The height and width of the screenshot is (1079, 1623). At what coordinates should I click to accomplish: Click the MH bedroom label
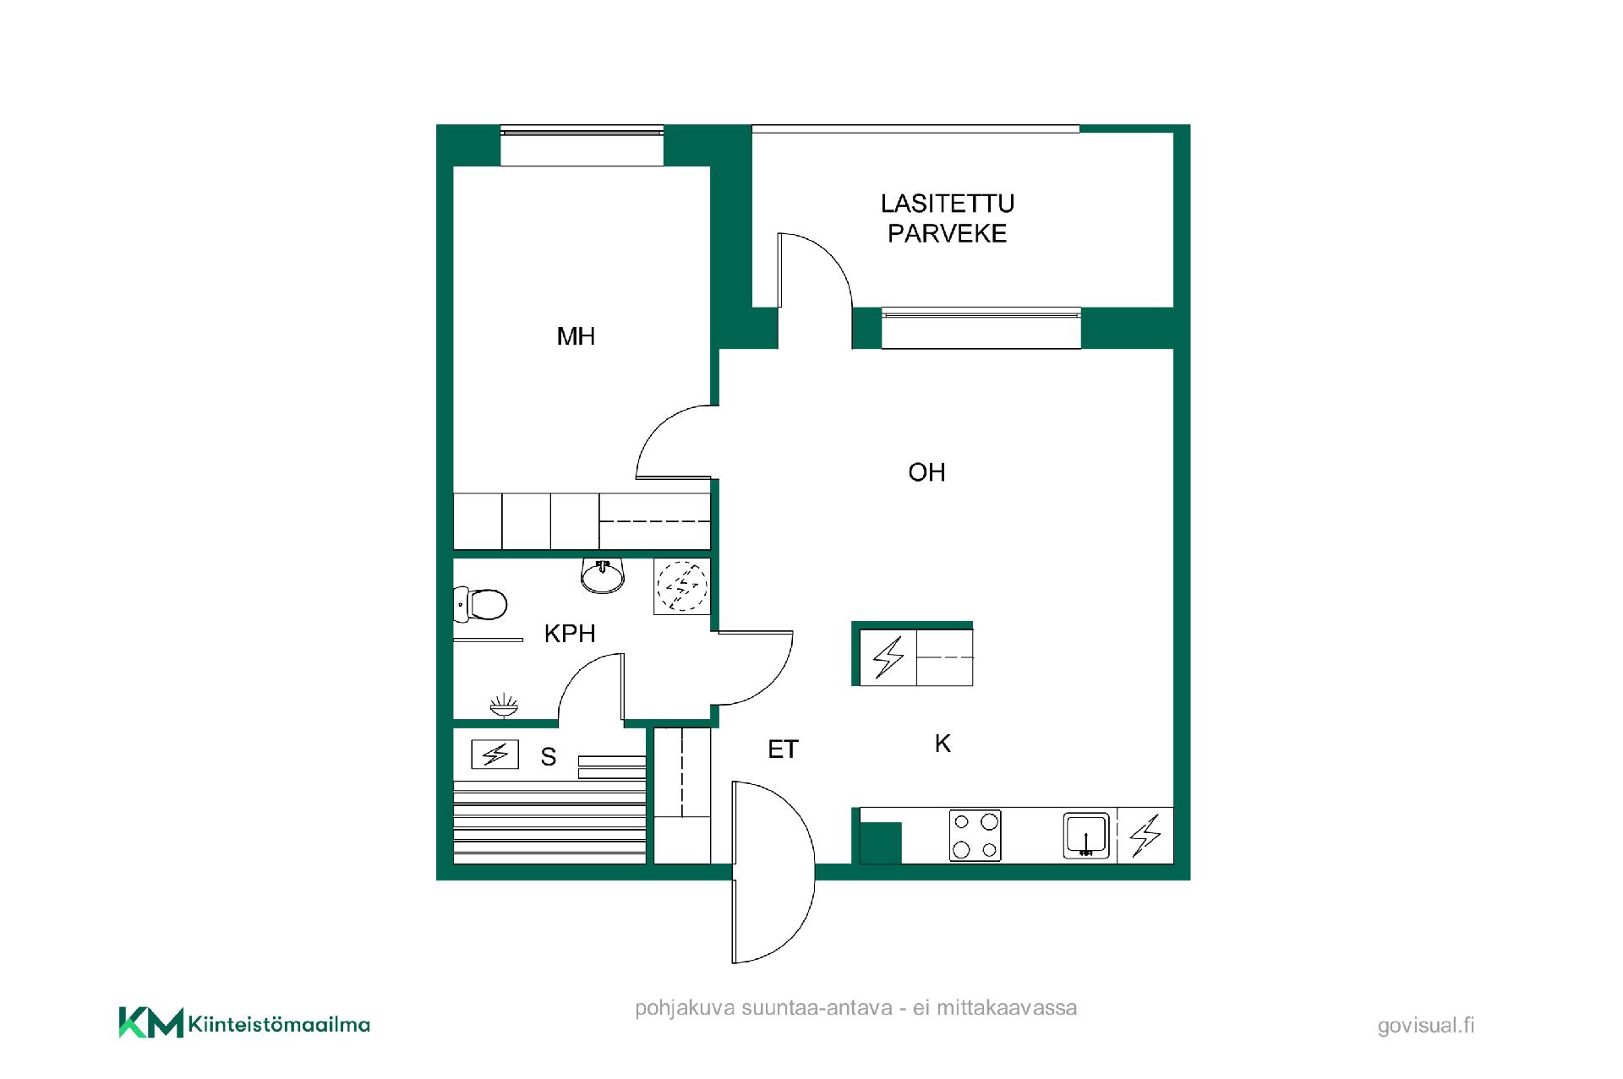pos(576,336)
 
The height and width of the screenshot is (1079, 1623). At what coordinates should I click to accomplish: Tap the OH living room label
pos(926,472)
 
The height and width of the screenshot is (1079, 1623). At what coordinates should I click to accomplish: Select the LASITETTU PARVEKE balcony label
pos(948,218)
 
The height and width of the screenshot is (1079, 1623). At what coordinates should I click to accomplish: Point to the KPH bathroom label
pos(570,634)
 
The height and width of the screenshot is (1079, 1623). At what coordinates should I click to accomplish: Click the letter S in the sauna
pos(549,757)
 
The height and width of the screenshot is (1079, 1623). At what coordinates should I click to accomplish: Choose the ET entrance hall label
pos(783,749)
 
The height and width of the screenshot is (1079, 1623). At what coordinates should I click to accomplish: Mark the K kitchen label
pos(943,744)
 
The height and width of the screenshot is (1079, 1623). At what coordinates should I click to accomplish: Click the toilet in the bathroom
pos(480,604)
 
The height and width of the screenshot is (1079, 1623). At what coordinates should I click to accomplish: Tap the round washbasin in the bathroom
pos(603,575)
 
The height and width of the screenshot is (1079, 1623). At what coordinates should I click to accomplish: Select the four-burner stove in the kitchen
pos(975,835)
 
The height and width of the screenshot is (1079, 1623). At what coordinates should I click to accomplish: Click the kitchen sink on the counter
pos(1086,836)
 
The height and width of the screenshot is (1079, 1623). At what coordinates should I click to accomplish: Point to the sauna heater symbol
pos(495,754)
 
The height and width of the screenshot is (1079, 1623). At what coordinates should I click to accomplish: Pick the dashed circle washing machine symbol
pos(682,586)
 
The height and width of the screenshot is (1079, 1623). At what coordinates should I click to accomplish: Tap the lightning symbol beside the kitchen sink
pos(1145,836)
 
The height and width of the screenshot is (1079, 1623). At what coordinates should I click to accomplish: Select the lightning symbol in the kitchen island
pos(888,657)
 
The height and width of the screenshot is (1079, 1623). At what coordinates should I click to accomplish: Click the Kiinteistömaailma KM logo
pos(244,1022)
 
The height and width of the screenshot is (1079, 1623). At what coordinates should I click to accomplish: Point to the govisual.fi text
pos(1426,1026)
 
